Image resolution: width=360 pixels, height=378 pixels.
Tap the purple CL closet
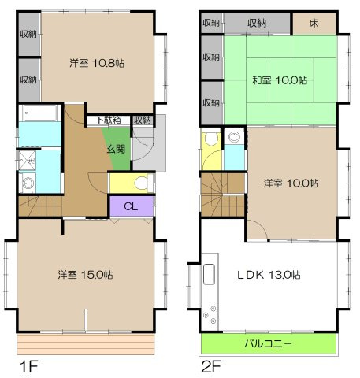tap(131, 208)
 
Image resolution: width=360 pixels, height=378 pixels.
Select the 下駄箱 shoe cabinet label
tap(108, 120)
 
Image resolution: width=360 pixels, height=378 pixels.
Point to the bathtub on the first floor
tap(39, 114)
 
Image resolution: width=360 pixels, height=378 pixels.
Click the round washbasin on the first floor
tap(29, 183)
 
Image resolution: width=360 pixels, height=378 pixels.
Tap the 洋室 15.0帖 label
tap(84, 275)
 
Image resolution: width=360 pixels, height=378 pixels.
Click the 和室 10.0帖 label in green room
tap(280, 80)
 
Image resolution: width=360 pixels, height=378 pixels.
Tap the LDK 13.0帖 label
tap(270, 275)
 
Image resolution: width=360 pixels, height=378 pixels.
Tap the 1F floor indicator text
tap(28, 366)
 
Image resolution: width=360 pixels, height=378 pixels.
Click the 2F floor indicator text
tap(212, 366)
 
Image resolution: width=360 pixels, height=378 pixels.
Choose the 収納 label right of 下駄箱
tap(142, 120)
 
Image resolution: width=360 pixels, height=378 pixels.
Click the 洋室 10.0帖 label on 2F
tap(291, 183)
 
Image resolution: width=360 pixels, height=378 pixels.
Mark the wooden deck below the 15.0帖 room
tap(85, 344)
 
